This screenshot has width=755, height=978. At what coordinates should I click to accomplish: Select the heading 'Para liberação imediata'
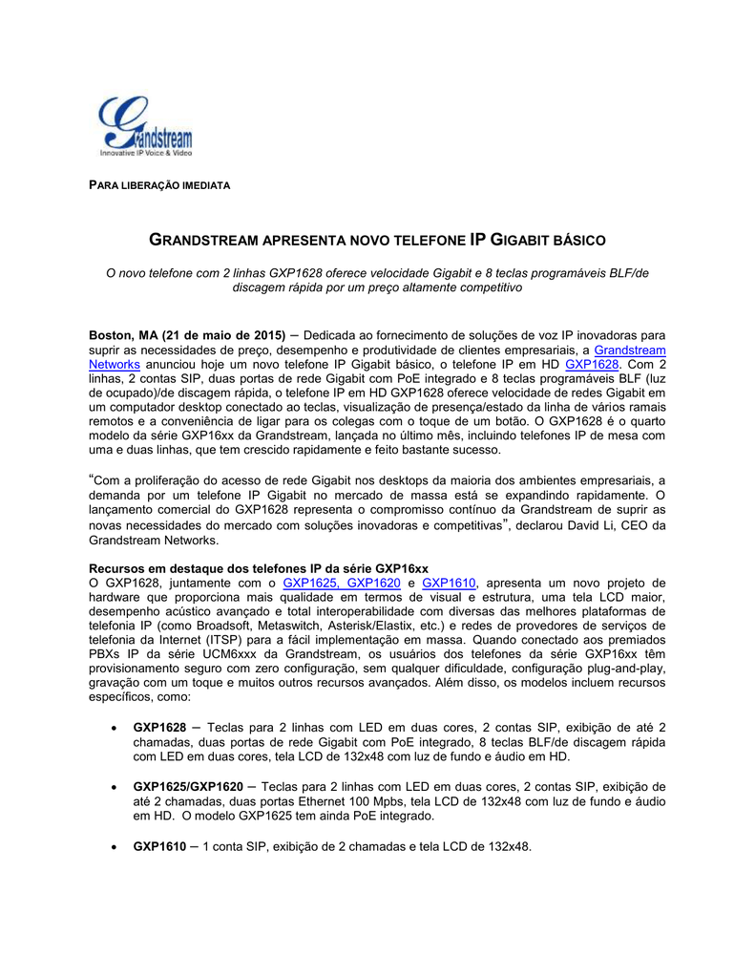[159, 184]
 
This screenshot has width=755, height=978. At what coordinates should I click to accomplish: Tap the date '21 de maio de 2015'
[223, 335]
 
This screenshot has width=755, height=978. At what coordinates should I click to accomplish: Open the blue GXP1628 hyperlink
[593, 364]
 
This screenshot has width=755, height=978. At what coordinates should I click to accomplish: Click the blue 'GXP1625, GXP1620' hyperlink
[341, 583]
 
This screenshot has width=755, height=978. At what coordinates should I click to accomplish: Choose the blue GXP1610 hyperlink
[448, 583]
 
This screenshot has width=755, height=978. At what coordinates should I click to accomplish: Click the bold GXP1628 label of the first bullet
[159, 728]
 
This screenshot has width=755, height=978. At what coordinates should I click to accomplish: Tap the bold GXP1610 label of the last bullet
[159, 846]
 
